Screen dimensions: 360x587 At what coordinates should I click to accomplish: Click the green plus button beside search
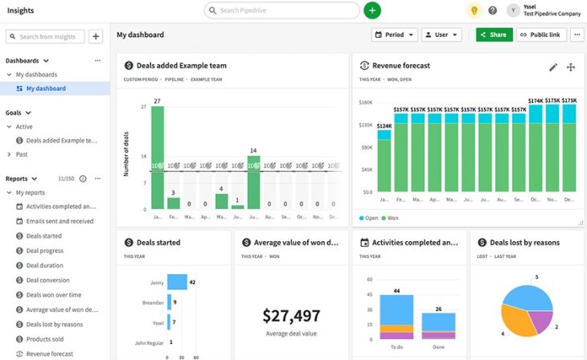(x=371, y=10)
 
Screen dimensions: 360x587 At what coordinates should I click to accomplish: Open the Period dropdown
(x=394, y=35)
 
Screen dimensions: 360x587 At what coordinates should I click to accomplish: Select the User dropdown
(x=441, y=35)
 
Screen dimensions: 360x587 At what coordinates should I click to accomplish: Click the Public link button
(x=539, y=35)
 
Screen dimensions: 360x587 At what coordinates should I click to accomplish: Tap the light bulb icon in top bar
(x=474, y=10)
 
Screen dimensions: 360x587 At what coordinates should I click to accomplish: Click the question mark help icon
(x=493, y=10)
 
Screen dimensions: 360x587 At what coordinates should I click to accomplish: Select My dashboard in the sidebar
(x=47, y=88)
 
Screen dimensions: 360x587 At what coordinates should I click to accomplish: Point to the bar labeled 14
(x=253, y=182)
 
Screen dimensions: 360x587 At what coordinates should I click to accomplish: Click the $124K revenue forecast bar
(x=384, y=163)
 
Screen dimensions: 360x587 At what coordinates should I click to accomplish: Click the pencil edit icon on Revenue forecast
(x=553, y=67)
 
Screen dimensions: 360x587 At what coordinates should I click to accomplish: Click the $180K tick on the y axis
(x=366, y=103)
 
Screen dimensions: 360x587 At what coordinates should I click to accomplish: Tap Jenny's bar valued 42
(x=177, y=282)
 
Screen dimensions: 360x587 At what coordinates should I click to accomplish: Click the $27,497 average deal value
(x=291, y=316)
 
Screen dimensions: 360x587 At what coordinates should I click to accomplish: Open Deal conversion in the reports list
(x=47, y=280)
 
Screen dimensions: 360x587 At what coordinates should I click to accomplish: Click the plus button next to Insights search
(x=96, y=36)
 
